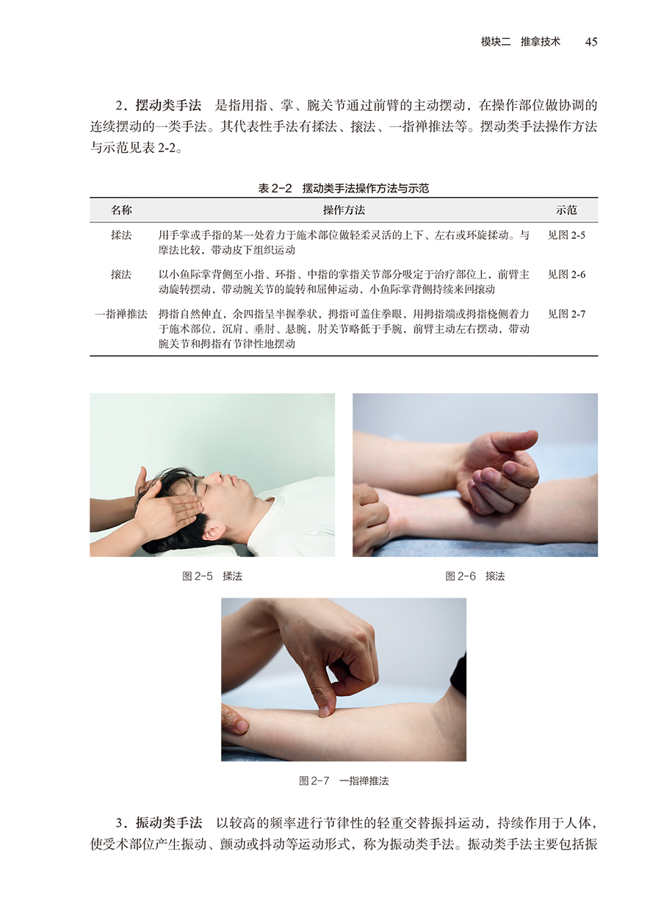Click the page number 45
(x=590, y=42)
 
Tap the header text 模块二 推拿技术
(x=521, y=42)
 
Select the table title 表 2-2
(x=275, y=188)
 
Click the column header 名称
(x=121, y=210)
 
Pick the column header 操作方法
(x=344, y=210)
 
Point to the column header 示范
(x=566, y=210)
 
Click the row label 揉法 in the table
(x=121, y=235)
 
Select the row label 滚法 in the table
(x=121, y=275)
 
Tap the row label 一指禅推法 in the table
(x=121, y=314)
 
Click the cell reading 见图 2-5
(x=566, y=235)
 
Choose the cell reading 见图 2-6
(x=566, y=275)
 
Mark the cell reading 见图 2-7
(x=566, y=314)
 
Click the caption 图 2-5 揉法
(x=212, y=576)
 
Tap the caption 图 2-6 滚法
(x=475, y=576)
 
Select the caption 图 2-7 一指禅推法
(x=344, y=781)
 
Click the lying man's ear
(x=213, y=532)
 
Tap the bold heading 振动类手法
(x=169, y=823)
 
